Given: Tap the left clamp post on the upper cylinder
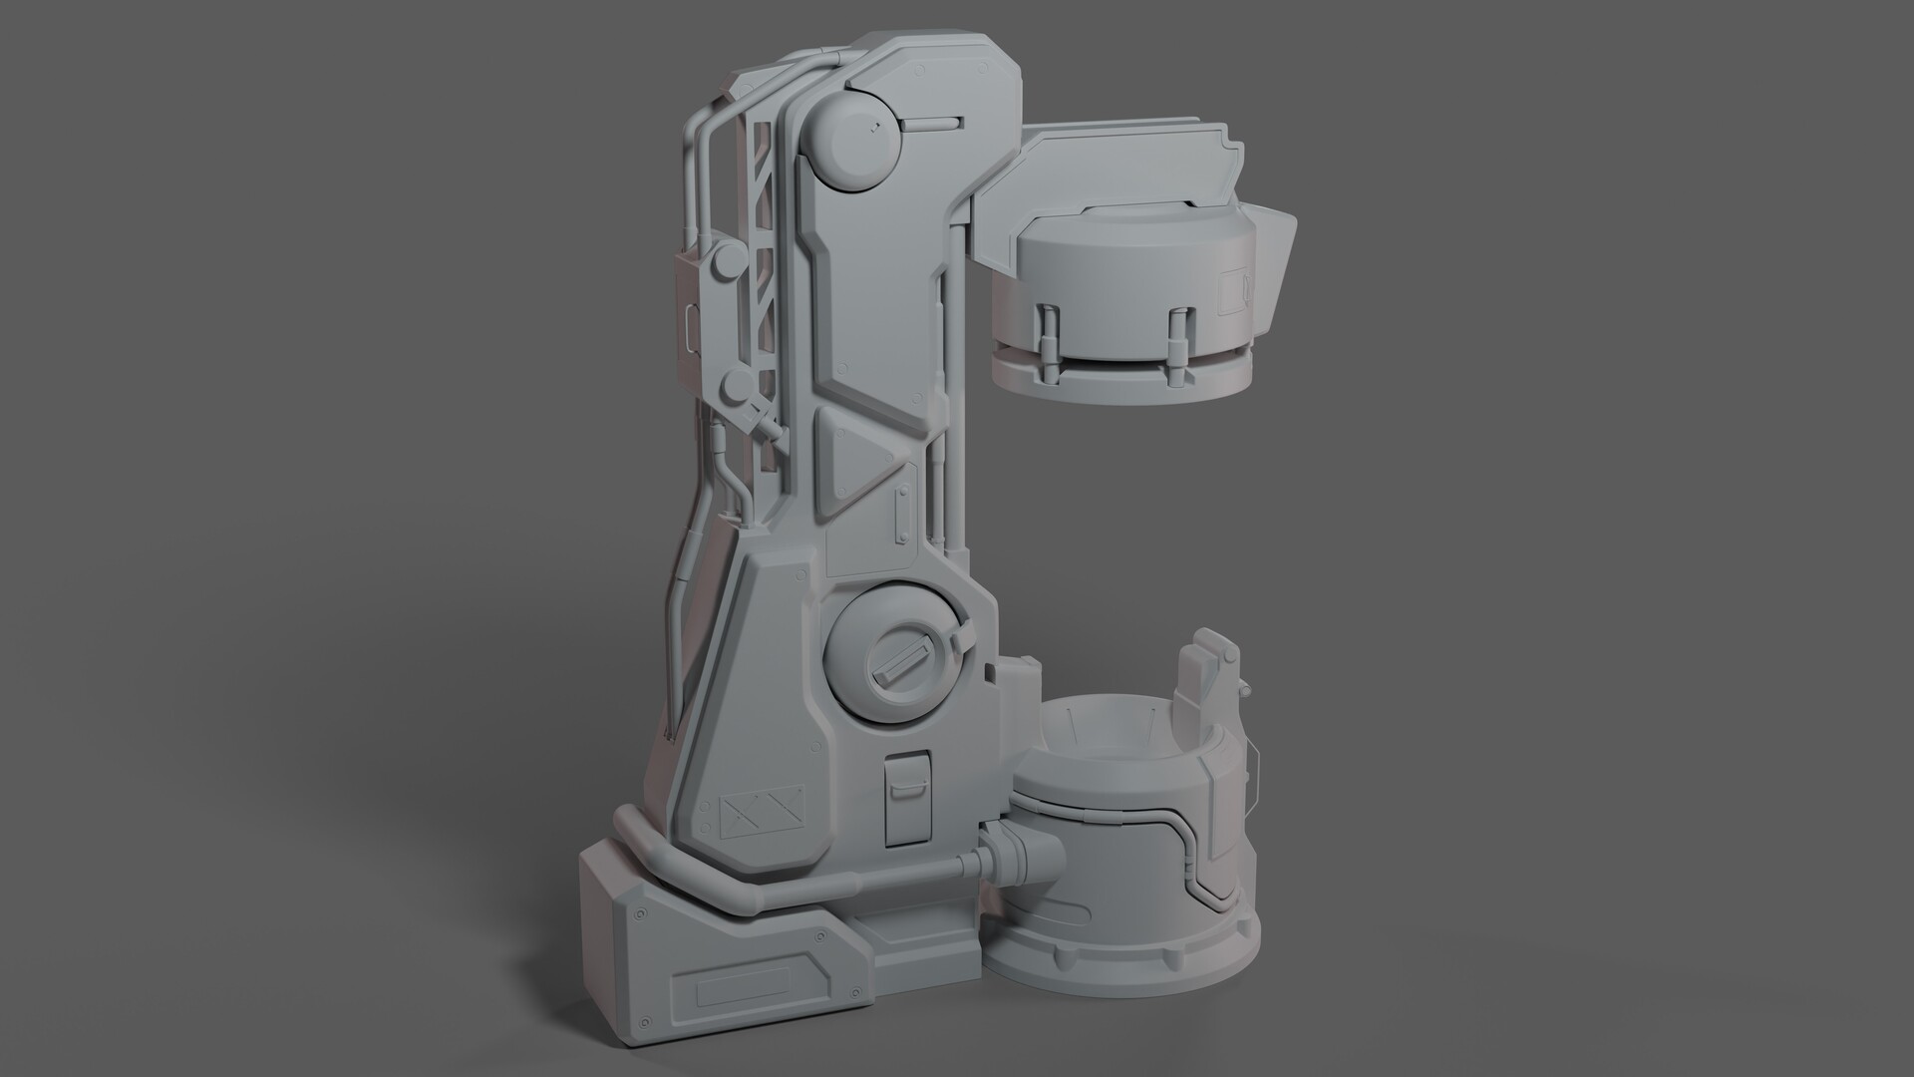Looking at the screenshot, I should click(x=1050, y=338).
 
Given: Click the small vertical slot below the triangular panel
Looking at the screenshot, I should click(x=904, y=515).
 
